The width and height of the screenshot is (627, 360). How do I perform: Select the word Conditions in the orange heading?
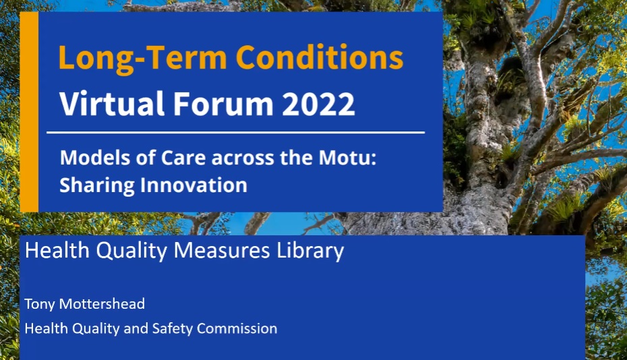(x=320, y=57)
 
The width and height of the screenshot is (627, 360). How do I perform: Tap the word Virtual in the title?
(x=112, y=103)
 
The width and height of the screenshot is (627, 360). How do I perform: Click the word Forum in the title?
(x=223, y=104)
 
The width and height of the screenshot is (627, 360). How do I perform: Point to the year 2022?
(x=318, y=104)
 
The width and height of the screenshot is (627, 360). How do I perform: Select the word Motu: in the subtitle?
(x=347, y=158)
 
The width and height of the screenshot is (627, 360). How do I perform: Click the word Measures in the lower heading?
(x=222, y=250)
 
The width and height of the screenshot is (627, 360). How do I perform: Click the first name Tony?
(x=40, y=305)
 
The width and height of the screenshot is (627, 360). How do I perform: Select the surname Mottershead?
(x=102, y=304)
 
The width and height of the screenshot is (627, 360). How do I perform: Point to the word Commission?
(x=237, y=328)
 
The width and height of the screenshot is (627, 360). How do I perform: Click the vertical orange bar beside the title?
(x=29, y=112)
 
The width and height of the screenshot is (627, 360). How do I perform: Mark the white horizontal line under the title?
(x=235, y=132)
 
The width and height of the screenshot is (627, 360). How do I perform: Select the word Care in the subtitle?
(x=183, y=158)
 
